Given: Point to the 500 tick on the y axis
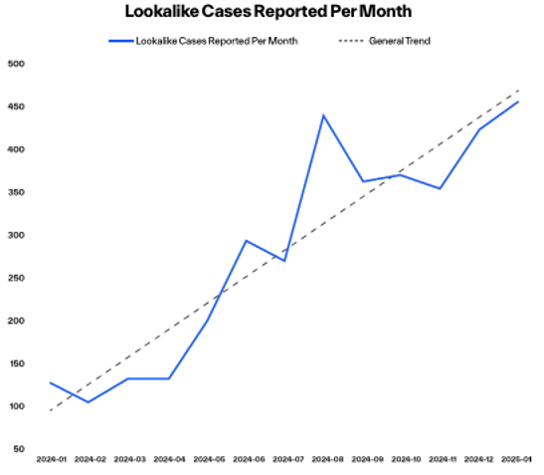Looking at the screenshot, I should pyautogui.click(x=17, y=64).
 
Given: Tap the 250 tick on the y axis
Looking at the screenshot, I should pyautogui.click(x=17, y=278).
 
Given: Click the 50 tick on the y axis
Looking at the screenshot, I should pyautogui.click(x=19, y=449).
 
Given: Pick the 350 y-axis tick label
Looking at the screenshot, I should pyautogui.click(x=17, y=192).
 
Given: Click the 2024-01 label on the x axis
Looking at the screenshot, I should pyautogui.click(x=51, y=460).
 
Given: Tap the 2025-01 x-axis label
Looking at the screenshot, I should pyautogui.click(x=517, y=460).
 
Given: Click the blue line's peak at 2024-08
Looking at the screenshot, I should pyautogui.click(x=323, y=115).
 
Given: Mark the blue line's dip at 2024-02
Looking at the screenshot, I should pyautogui.click(x=90, y=402).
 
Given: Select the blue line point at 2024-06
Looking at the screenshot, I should pyautogui.click(x=246, y=240).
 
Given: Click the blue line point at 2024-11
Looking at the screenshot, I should pyautogui.click(x=440, y=188).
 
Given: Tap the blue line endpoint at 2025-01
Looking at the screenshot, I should pyautogui.click(x=517, y=102).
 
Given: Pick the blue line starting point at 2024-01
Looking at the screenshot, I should pyautogui.click(x=51, y=382).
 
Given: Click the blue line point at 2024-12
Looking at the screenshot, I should pyautogui.click(x=478, y=129).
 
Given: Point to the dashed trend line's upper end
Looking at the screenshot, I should pyautogui.click(x=518, y=91).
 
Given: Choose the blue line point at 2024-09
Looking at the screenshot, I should pyautogui.click(x=362, y=181).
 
